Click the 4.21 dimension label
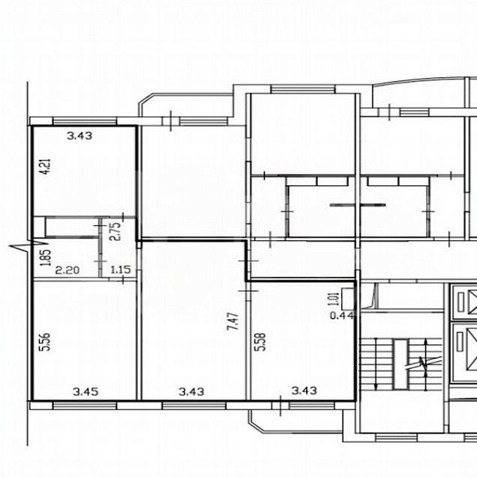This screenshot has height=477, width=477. pos(45,169)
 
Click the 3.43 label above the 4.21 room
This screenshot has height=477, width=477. pos(80,136)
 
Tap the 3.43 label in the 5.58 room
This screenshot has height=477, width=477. pos(305,390)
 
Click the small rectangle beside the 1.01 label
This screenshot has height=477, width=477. pos(348,296)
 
